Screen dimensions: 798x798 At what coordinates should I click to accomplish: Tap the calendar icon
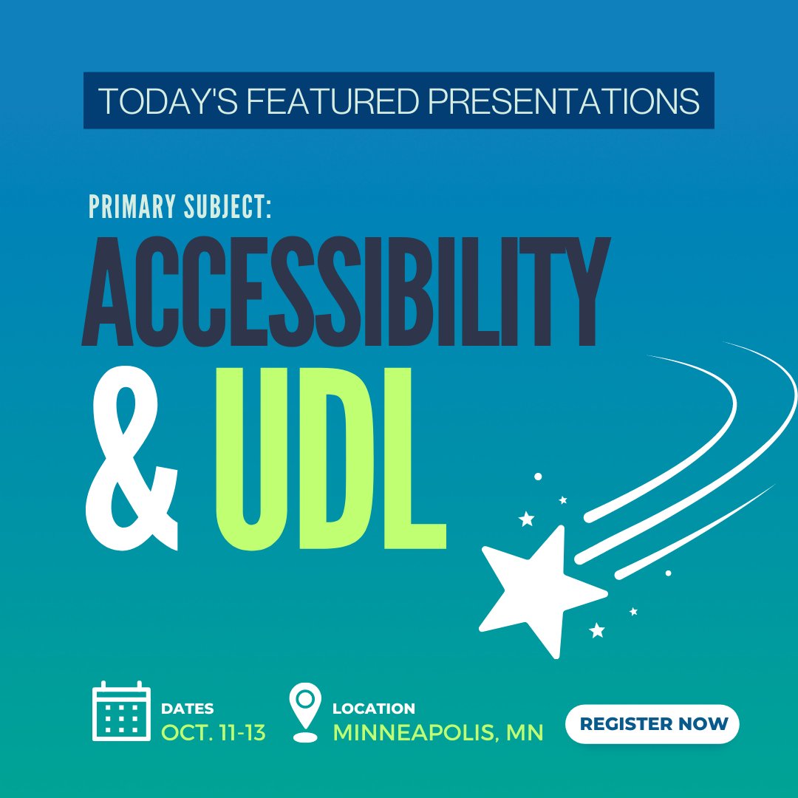tap(121, 712)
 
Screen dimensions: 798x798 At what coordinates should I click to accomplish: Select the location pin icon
tap(305, 712)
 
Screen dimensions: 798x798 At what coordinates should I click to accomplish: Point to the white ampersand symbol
tap(134, 459)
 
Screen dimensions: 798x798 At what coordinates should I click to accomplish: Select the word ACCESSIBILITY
tap(346, 293)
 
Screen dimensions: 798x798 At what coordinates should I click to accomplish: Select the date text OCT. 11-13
tap(214, 732)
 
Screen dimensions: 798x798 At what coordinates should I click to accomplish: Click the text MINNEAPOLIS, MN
tap(438, 732)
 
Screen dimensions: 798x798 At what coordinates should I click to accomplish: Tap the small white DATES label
tap(188, 709)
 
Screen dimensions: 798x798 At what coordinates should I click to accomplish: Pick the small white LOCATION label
tap(374, 709)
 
